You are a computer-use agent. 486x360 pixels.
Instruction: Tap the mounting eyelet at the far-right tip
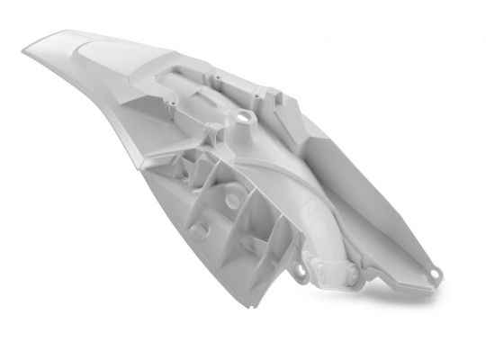[x=435, y=273]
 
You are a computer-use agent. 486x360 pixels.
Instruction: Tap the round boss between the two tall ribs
[x=233, y=195]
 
